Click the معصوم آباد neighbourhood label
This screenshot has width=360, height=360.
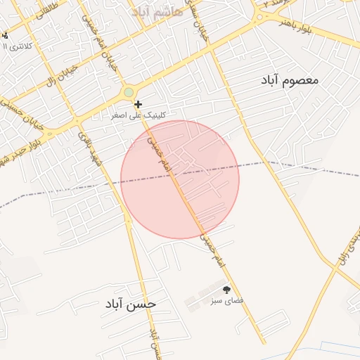(x=289, y=80)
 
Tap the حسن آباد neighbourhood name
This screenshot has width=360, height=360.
(x=131, y=304)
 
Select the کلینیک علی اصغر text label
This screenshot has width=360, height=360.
(x=141, y=115)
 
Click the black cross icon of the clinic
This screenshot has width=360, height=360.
(x=138, y=104)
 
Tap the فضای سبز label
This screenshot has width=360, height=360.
(x=226, y=300)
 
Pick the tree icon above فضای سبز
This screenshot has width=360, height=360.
(x=226, y=289)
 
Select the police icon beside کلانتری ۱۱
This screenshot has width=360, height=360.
(x=4, y=35)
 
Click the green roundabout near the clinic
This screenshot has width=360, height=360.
(x=128, y=92)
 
